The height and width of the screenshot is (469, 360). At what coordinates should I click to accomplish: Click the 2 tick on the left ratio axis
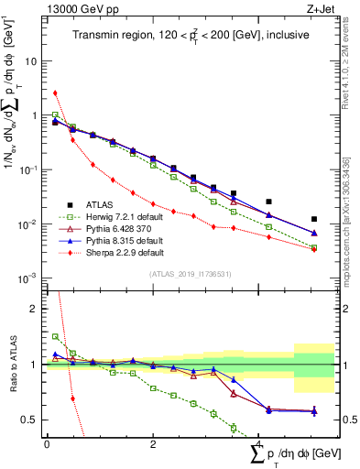coord(34,309)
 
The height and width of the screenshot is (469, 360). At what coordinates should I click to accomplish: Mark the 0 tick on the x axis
coord(47,443)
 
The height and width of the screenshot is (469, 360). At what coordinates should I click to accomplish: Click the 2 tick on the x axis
coord(153,443)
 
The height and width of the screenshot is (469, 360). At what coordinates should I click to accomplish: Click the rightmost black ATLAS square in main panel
coord(314,219)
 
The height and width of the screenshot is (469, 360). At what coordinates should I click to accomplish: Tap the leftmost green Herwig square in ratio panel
coord(55,336)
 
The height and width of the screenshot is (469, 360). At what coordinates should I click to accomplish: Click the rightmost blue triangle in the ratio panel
coord(314,411)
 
